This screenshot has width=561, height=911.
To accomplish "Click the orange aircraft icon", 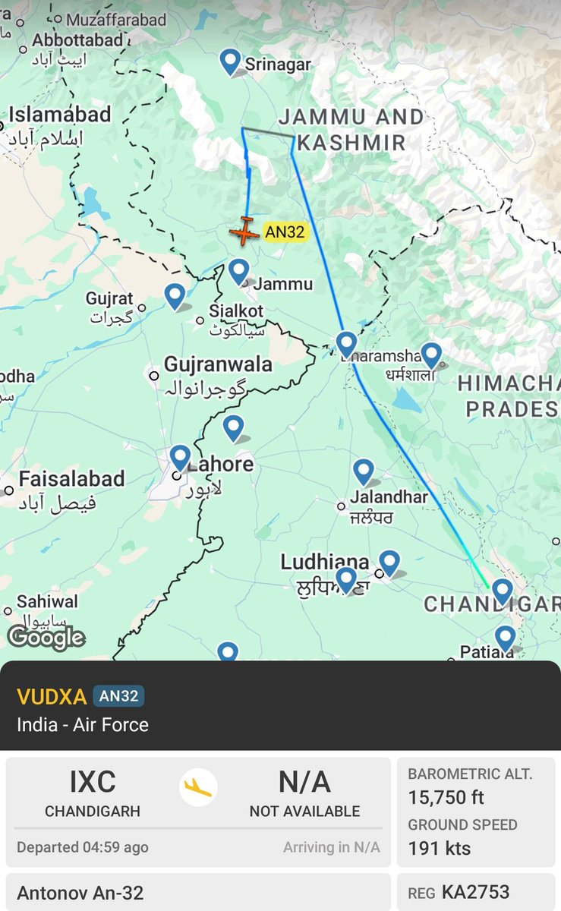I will pos(244,231).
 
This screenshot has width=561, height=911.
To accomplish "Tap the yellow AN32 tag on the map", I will pos(285,232).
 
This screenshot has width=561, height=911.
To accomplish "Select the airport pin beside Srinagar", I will pos(230,61).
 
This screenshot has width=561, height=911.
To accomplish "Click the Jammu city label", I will pos(282,284).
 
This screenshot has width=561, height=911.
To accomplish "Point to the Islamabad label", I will pos(59,115).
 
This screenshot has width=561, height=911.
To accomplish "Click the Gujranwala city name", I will pos(218,364).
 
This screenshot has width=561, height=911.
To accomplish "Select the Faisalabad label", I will pos(71,479).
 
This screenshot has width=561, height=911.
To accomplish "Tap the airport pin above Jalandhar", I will pos(364,471).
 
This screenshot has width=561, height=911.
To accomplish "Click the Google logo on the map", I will pos(46,637).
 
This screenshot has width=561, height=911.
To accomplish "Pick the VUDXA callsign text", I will pos(50,696).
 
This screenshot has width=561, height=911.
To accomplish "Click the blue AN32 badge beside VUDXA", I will pos(118,696).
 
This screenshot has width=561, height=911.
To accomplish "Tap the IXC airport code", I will pos(92,782).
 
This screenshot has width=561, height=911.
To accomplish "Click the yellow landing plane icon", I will pos(198,788).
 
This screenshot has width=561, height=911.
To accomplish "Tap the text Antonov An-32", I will pos(80,893).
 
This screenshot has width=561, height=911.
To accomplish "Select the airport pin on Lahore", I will pos(180,458).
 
